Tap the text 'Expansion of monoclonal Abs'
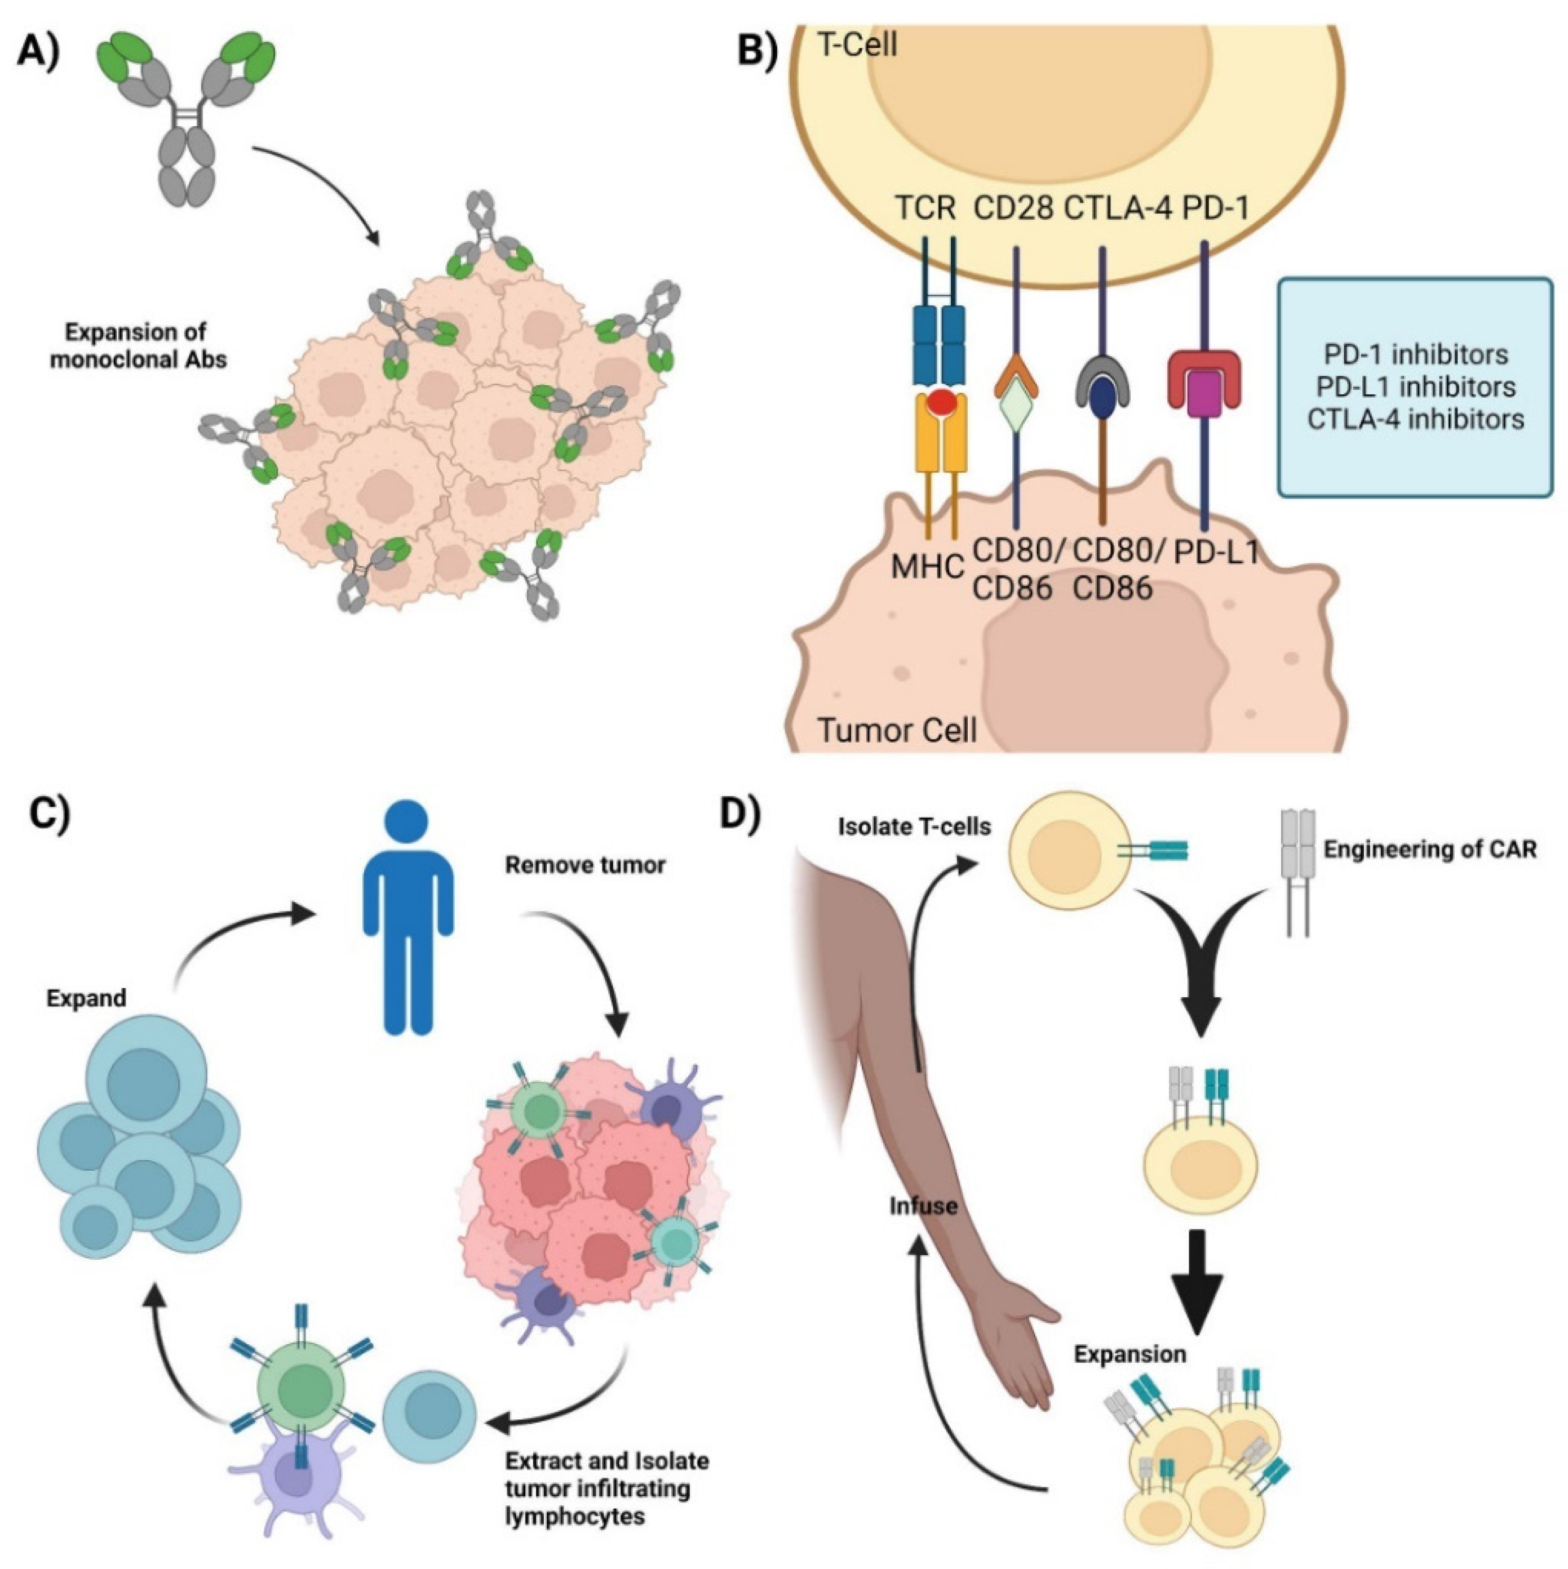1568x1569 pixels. [x=138, y=346]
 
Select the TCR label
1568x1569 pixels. [x=925, y=208]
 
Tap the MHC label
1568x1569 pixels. [x=927, y=567]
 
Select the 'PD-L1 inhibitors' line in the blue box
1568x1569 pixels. [x=1415, y=386]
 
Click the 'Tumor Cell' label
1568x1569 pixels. [x=897, y=730]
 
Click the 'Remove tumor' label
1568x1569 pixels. [x=585, y=866]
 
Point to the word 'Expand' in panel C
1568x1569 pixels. [x=86, y=998]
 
